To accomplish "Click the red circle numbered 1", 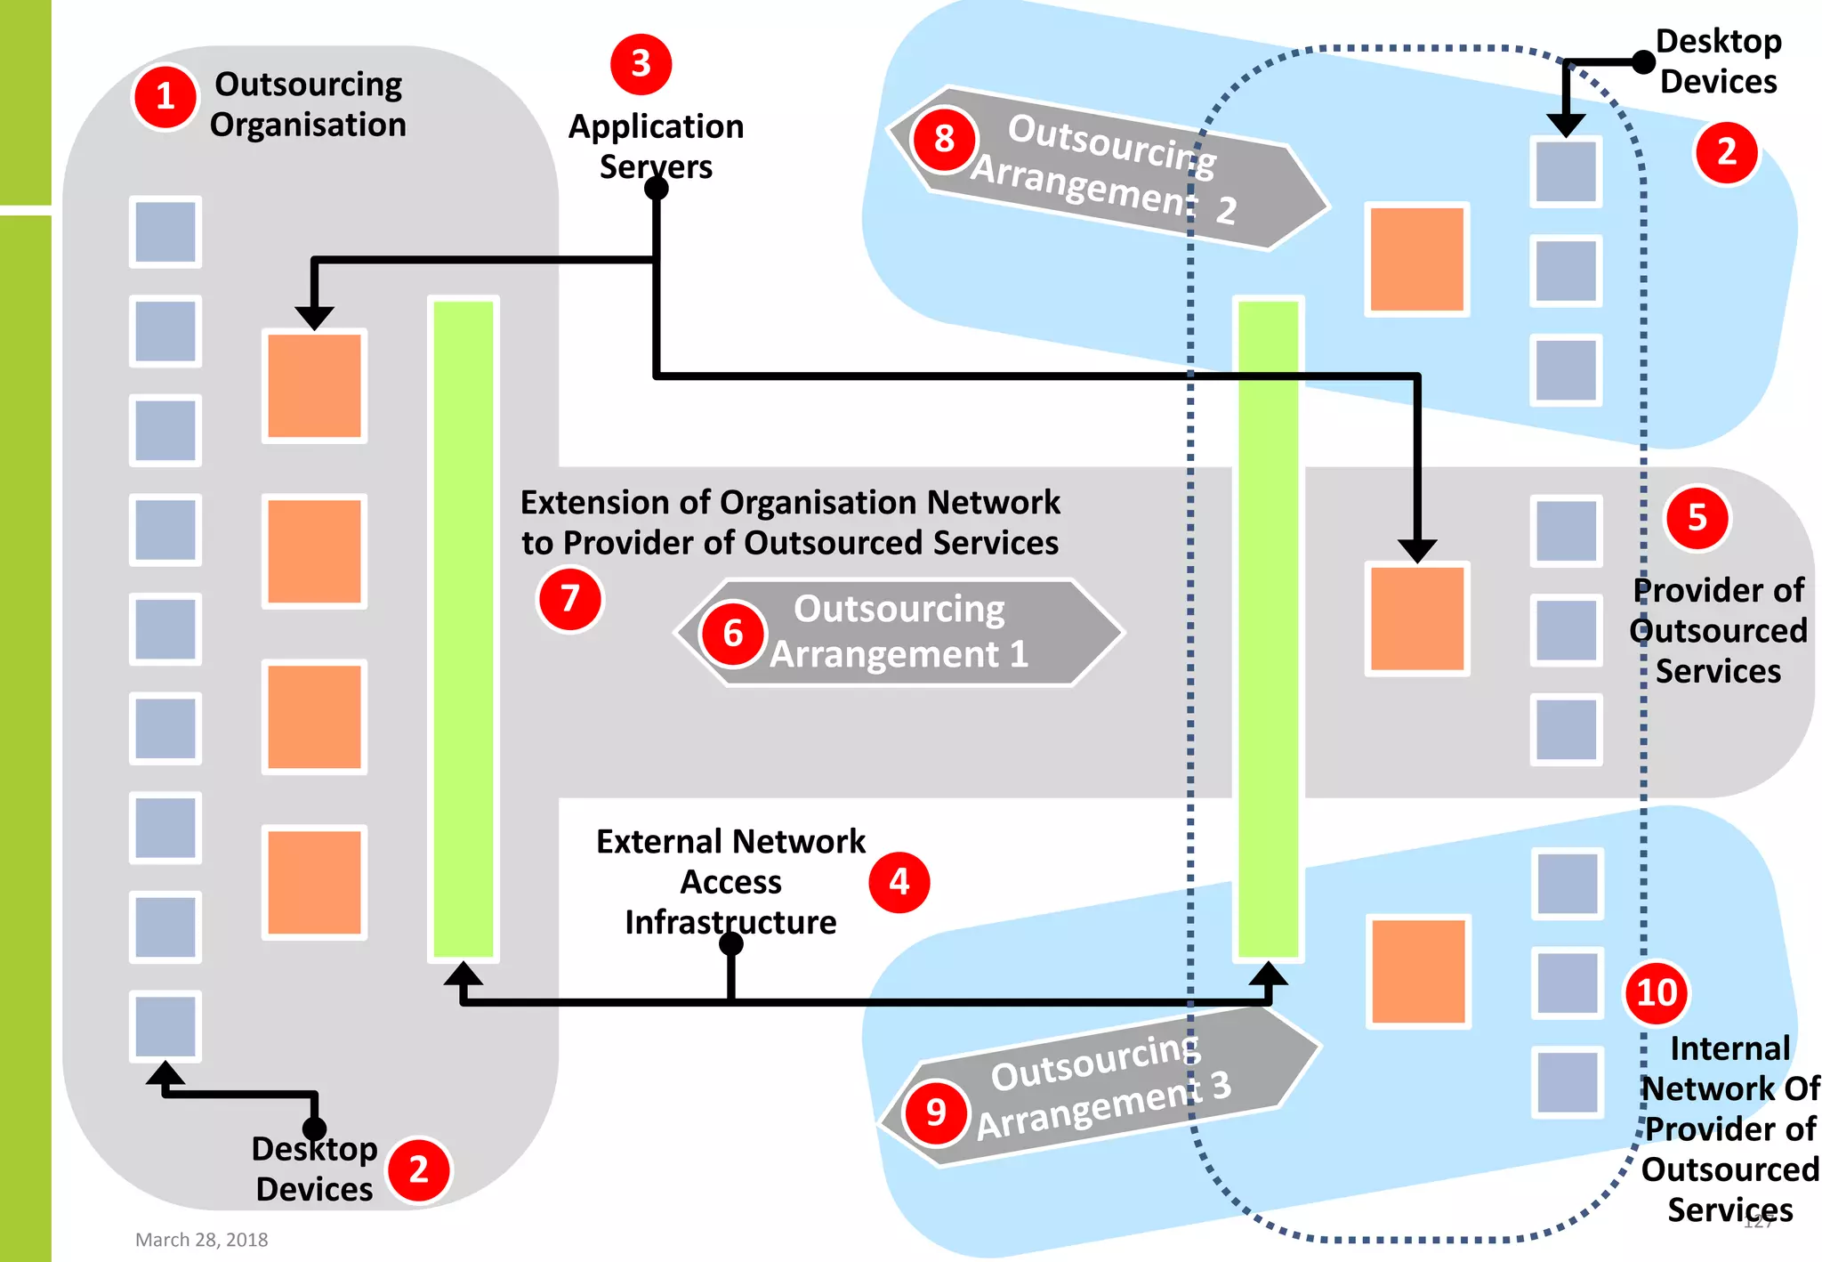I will pos(165,97).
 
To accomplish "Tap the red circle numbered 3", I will pos(641,64).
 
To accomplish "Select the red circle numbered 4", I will pos(899,882).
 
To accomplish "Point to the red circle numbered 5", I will pos(1697,518).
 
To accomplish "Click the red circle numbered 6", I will pos(732,634).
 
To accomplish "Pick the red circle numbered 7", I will pos(569,599).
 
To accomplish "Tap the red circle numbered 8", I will pos(943,139).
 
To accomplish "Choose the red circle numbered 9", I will pos(935,1112).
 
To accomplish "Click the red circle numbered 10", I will pos(1656,992).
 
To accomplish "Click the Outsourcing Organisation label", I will pos(308,104).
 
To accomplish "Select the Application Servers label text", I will pos(656,146).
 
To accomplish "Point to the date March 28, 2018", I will pos(201,1239).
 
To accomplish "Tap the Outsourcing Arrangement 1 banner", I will pos(899,633).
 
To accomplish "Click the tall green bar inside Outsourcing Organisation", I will pos(464,628).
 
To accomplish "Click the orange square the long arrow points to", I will pos(1416,619).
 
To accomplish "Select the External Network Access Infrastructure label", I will pos(730,881).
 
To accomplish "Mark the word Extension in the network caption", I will pos(593,503).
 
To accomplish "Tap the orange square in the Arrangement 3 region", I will pos(1417,971).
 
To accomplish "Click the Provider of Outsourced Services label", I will pos(1718,630).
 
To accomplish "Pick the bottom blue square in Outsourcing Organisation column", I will pos(165,1026).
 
